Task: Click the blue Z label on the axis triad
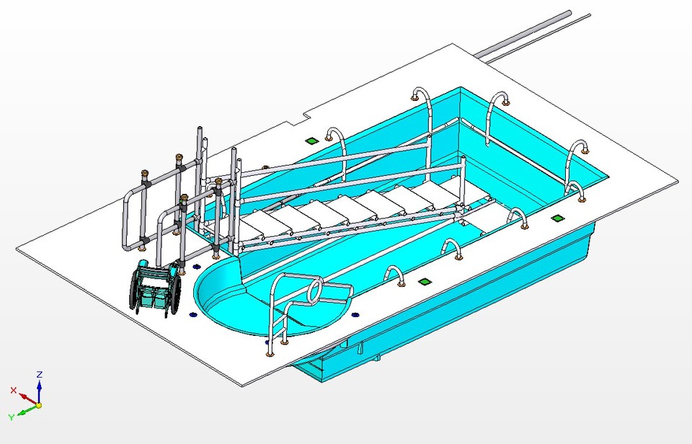point(40,374)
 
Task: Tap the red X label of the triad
point(13,389)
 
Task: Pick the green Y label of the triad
point(11,417)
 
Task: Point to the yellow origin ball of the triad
point(39,405)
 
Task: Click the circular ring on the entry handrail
point(315,290)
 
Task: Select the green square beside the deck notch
point(311,141)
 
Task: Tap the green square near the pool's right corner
point(556,217)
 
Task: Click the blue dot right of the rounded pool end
point(354,314)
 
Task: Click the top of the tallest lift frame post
point(200,130)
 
